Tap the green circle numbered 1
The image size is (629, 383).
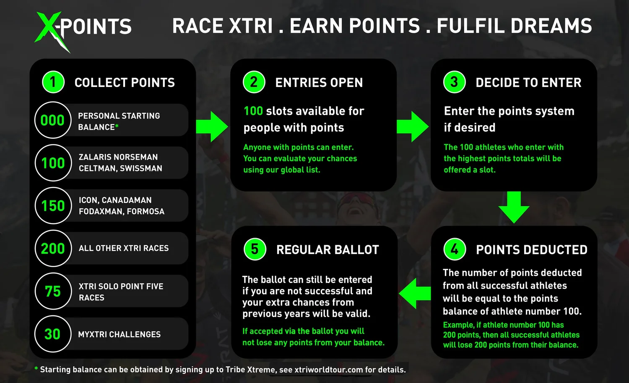tap(53, 82)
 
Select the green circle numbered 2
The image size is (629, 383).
tap(254, 82)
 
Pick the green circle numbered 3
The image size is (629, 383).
tap(455, 82)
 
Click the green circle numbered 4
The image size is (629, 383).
tap(455, 249)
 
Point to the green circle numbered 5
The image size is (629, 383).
tap(255, 249)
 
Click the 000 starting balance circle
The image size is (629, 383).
tap(53, 120)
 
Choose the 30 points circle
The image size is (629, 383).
tap(53, 334)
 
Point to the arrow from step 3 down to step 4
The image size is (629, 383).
tap(514, 207)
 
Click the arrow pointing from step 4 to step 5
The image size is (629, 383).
tap(414, 293)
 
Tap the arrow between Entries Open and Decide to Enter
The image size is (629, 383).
tap(413, 126)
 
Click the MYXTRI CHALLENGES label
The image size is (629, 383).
tap(120, 335)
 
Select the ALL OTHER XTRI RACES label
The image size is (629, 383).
tap(124, 249)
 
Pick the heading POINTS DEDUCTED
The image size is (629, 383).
tap(532, 250)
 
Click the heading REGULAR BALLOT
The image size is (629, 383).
tap(327, 250)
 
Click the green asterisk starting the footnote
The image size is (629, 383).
tap(36, 369)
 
